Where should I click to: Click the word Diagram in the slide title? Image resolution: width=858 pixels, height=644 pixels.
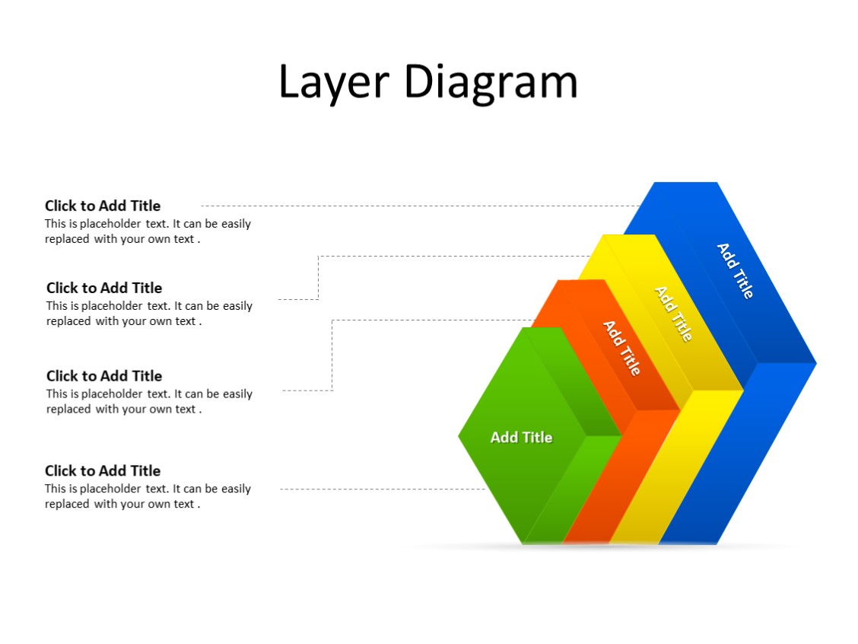point(491,82)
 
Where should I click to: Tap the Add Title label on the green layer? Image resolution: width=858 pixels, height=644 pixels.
point(521,437)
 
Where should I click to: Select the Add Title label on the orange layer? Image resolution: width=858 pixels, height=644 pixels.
point(622,347)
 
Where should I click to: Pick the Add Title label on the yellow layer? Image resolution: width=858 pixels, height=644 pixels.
point(674,313)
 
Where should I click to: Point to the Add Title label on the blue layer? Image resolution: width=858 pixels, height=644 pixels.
point(736,270)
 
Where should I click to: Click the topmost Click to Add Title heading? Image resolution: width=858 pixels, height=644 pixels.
point(103,206)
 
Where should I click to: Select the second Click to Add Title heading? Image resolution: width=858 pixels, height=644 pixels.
point(104,288)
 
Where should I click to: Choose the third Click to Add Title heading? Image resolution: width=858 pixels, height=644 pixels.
point(104,376)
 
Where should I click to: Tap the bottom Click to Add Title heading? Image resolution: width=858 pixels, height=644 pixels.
point(103,470)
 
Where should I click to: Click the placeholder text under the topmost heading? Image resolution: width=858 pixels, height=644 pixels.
point(148,231)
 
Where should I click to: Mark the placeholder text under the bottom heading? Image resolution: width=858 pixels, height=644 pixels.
point(148,496)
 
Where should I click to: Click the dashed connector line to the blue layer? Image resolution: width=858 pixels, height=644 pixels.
point(418,206)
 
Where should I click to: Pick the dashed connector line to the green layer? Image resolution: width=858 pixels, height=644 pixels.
point(380,489)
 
